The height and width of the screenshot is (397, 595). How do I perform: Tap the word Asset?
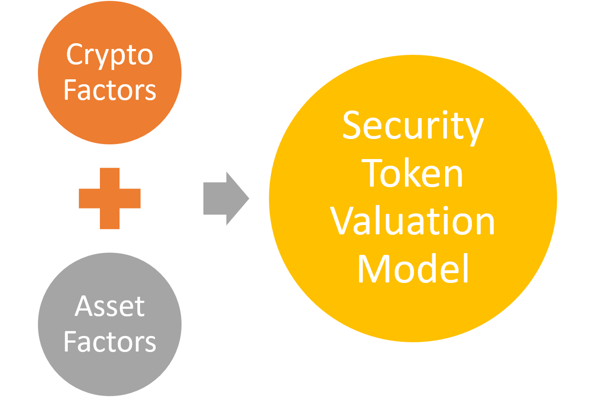[110, 307]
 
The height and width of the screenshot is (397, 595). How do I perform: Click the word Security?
[413, 127]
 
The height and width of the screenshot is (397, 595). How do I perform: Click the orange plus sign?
[110, 198]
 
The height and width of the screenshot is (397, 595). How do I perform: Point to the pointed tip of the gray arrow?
[248, 198]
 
